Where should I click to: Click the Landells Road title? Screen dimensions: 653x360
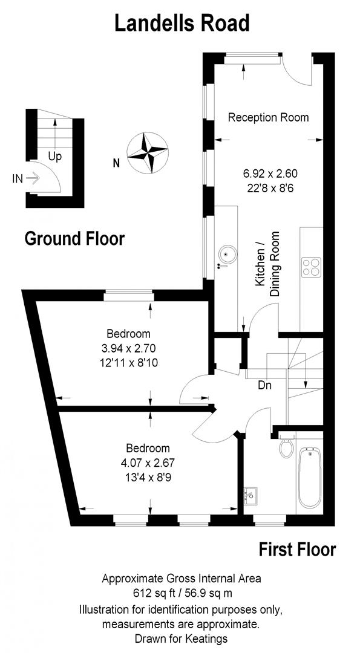[182, 24]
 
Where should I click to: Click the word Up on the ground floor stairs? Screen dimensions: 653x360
[55, 157]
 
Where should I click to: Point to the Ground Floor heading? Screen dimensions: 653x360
[74, 238]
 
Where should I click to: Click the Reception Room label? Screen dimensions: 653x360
[268, 117]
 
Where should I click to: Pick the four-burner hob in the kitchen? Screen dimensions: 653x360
[311, 267]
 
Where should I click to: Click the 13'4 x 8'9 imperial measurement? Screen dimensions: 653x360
[148, 476]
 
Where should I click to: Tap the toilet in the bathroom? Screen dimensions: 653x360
[287, 448]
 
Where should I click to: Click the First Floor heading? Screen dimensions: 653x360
[297, 550]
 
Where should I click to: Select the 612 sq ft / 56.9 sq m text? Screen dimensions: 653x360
[182, 593]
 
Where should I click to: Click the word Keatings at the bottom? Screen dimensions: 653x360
[207, 638]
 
